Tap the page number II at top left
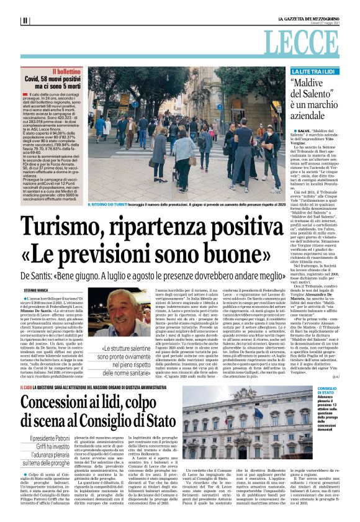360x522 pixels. tap(25, 20)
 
